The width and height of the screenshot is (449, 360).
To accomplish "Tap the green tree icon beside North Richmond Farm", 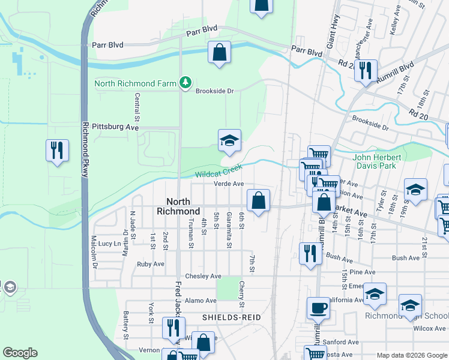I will pyautogui.click(x=186, y=82).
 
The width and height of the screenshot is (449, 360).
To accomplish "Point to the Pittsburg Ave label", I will pyautogui.click(x=115, y=127).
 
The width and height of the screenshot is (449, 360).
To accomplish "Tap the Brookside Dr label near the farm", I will pyautogui.click(x=214, y=91).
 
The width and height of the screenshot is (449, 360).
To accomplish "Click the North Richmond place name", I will pyautogui.click(x=178, y=206).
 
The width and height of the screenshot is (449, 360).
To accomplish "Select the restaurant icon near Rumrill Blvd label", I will pyautogui.click(x=366, y=71).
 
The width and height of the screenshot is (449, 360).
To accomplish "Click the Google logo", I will pyautogui.click(x=20, y=353).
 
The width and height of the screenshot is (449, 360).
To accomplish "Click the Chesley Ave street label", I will pyautogui.click(x=203, y=276).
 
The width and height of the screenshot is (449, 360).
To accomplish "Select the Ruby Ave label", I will pyautogui.click(x=151, y=264).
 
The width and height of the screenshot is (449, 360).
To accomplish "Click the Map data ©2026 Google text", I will pyautogui.click(x=411, y=355).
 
